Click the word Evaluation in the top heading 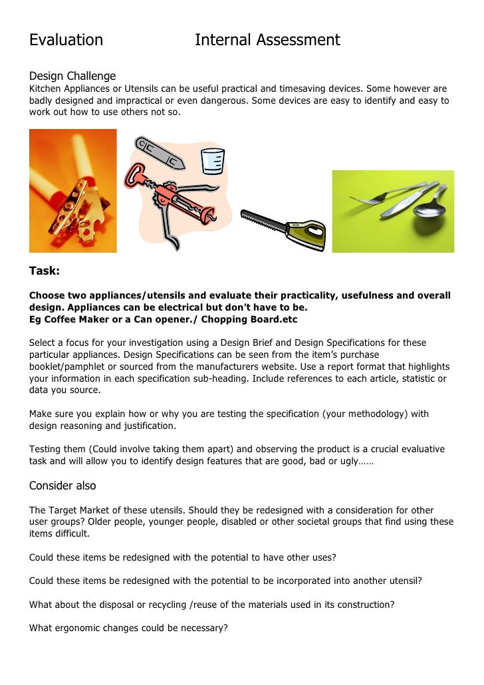coord(66,41)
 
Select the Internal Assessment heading coord(267,41)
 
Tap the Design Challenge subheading coord(72,76)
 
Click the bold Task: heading coord(45,271)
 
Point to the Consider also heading coord(62,485)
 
